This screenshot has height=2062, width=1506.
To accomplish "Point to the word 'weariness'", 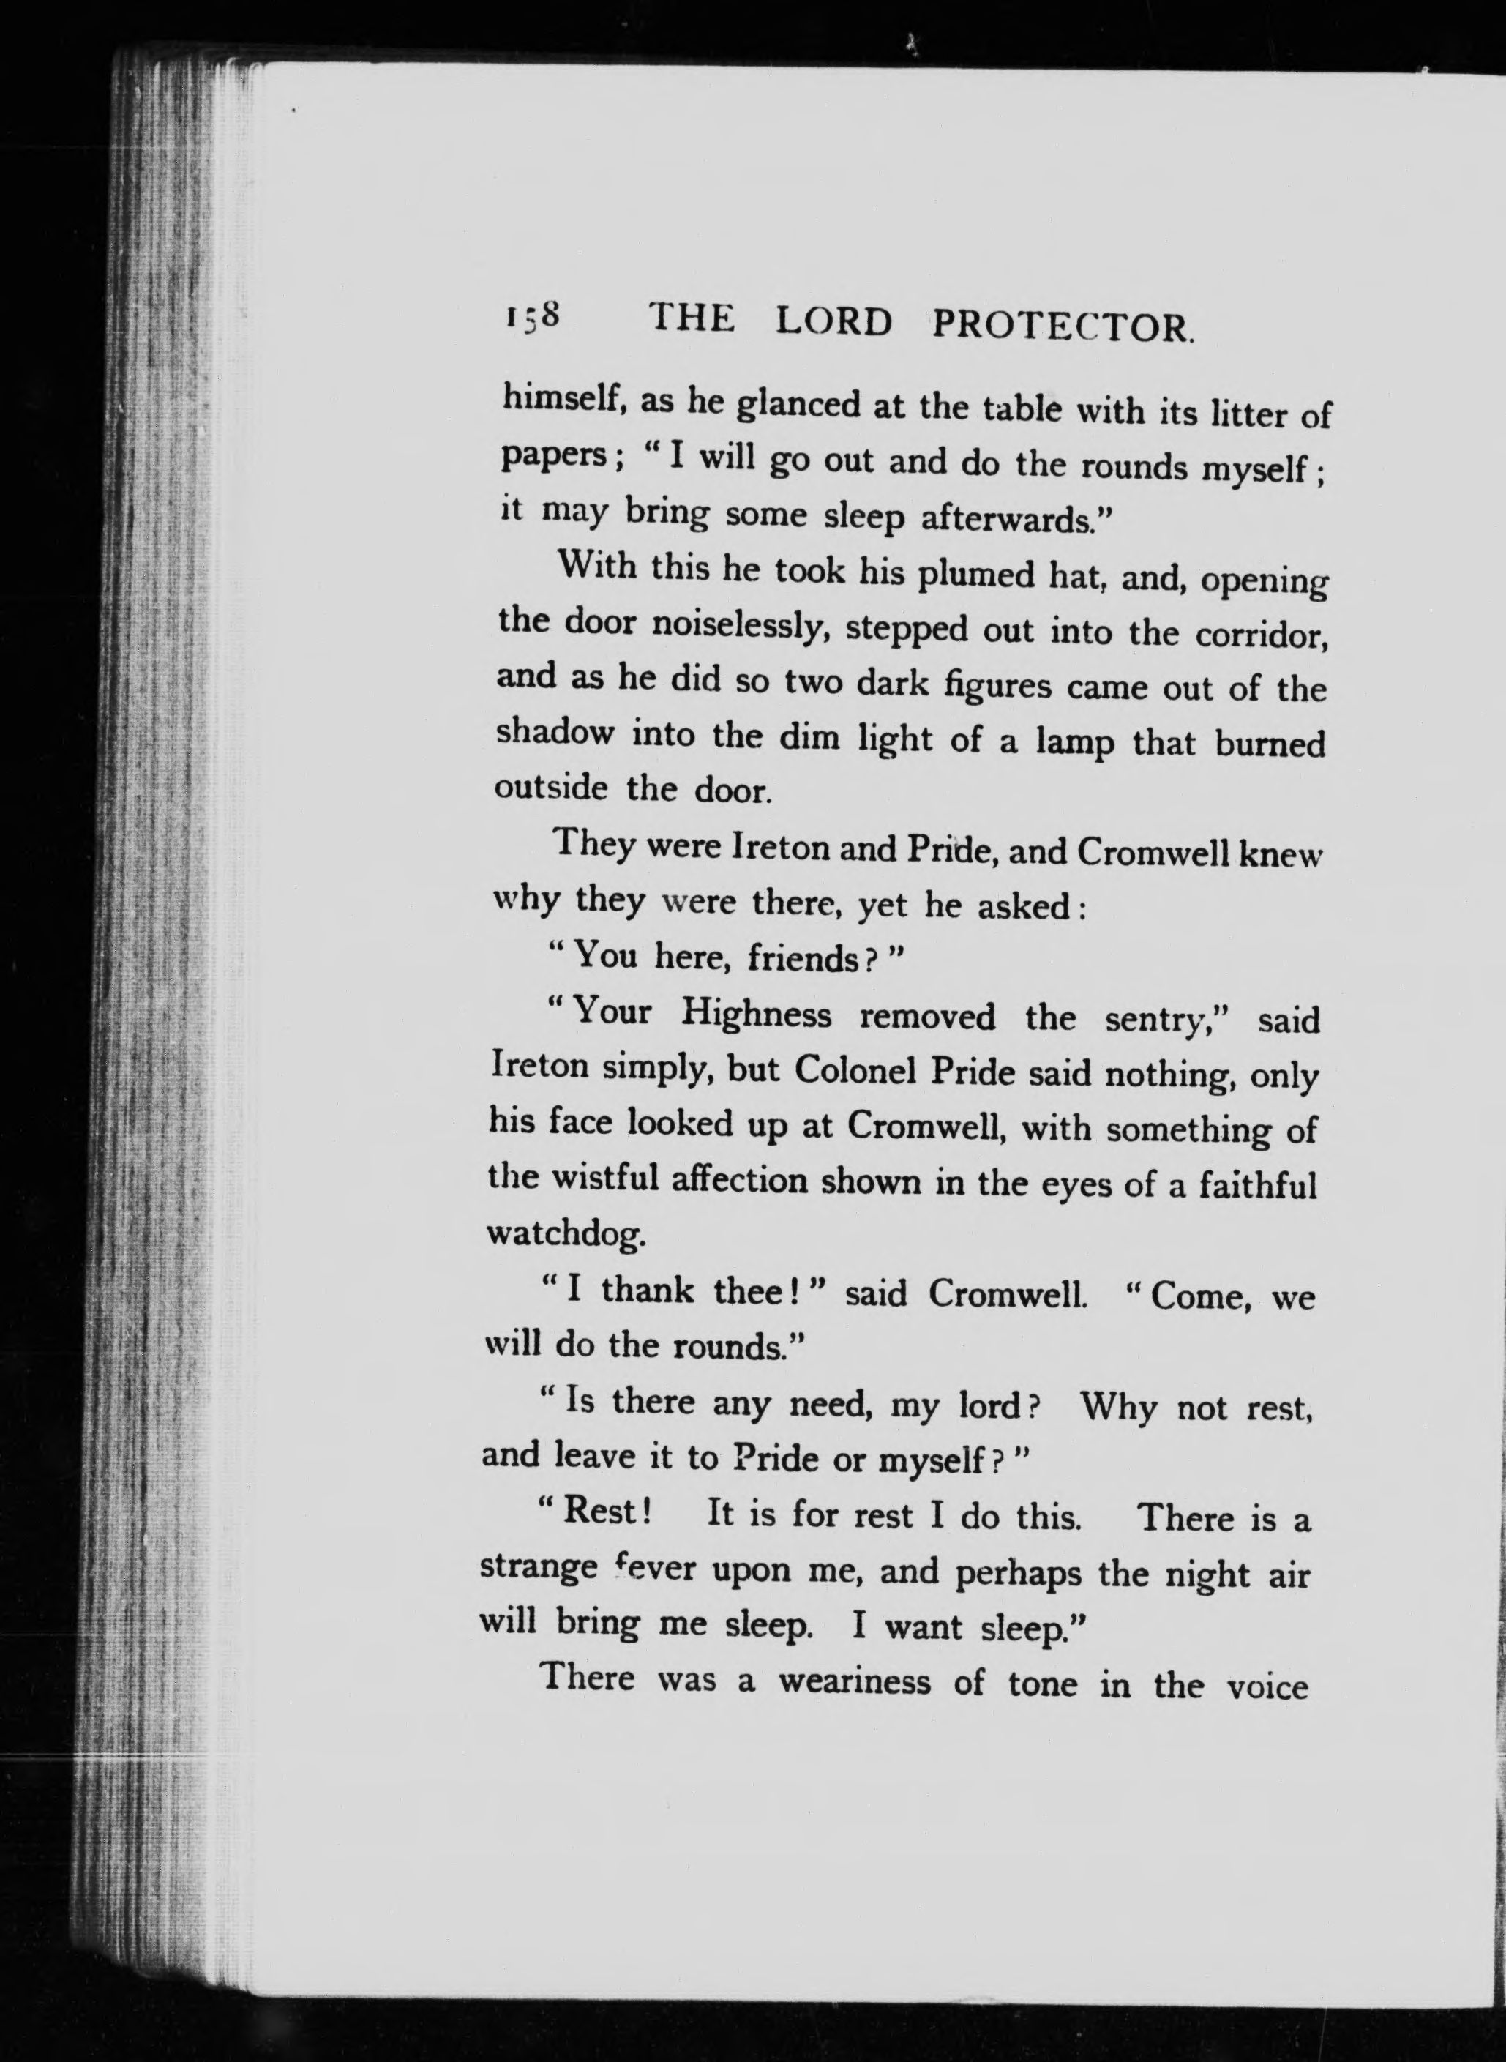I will (x=854, y=1680).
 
